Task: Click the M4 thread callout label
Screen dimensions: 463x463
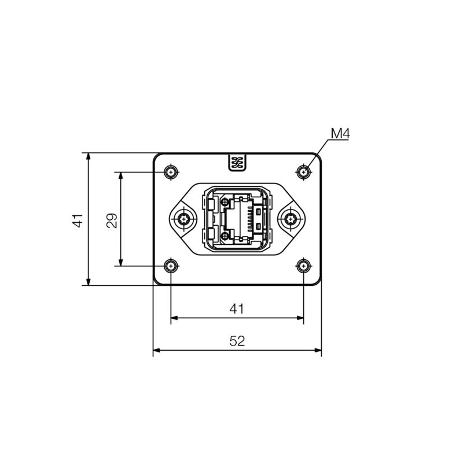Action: click(340, 134)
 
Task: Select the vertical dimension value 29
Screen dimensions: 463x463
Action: click(112, 221)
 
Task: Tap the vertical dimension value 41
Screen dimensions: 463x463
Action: click(78, 221)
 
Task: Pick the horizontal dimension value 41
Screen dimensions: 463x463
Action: click(237, 309)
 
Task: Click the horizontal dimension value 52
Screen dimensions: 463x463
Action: click(237, 341)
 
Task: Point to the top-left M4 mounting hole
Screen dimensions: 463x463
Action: click(171, 172)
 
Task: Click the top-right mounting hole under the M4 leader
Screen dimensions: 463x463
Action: click(303, 172)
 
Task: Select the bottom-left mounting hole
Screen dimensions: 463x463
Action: click(171, 266)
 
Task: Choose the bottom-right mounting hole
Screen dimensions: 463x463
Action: click(303, 266)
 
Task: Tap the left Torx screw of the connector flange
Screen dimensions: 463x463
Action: click(183, 219)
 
